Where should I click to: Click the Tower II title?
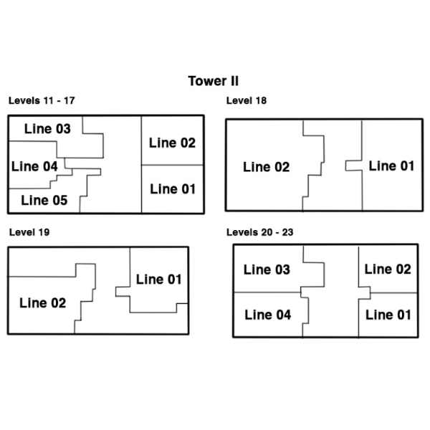tap(214, 81)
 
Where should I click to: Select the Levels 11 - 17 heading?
tap(42, 100)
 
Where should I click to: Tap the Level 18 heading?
tap(247, 100)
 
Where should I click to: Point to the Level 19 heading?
tap(29, 232)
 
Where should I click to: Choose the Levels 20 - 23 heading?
tap(259, 232)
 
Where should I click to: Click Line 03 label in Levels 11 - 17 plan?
tap(47, 129)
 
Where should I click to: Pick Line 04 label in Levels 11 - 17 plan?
tap(34, 166)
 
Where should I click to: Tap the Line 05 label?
tap(44, 200)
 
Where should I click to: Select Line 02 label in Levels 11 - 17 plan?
tap(172, 143)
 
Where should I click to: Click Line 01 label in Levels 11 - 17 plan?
tap(173, 189)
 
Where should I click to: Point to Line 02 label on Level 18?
tap(267, 167)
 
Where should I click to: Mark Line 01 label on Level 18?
tap(391, 166)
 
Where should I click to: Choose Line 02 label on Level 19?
tap(43, 303)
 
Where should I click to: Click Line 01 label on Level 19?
tap(159, 279)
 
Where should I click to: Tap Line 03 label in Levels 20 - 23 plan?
tap(267, 269)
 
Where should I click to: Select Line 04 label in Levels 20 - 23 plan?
tap(268, 315)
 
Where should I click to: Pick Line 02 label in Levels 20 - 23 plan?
tap(388, 269)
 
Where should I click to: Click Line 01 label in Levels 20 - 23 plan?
tap(388, 315)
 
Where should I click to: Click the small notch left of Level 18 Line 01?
tap(345, 166)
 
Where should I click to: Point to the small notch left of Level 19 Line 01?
tap(115, 292)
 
